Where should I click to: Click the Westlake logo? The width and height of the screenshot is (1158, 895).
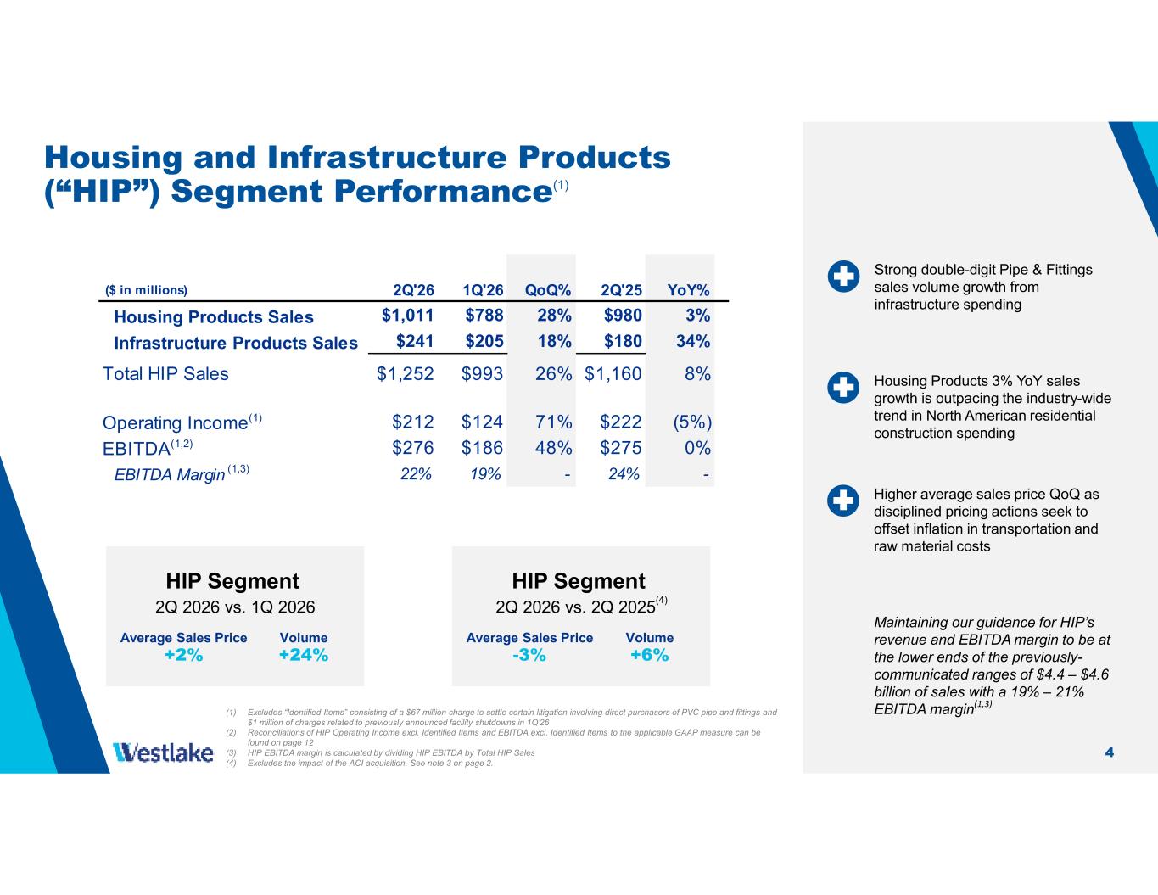click(x=163, y=752)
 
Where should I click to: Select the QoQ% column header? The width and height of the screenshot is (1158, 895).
click(x=548, y=290)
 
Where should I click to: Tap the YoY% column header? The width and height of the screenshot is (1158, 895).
click(x=689, y=290)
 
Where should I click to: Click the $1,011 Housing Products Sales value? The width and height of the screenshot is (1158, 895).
click(x=408, y=316)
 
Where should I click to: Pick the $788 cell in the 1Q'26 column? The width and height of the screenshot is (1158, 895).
click(x=484, y=316)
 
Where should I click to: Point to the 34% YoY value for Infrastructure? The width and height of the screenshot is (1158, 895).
click(x=693, y=341)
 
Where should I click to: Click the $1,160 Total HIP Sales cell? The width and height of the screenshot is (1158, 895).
click(x=613, y=374)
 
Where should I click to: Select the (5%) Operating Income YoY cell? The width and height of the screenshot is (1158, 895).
click(x=692, y=422)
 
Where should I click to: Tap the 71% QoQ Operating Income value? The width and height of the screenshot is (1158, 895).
click(x=554, y=422)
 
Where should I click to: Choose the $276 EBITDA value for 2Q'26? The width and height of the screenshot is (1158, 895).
click(x=413, y=448)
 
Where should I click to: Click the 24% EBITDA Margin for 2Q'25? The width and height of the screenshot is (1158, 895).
click(x=624, y=474)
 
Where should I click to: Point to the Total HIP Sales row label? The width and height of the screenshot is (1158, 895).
click(x=165, y=374)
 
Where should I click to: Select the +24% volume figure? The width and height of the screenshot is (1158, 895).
click(x=304, y=655)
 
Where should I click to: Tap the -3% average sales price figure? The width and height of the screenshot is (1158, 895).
click(x=529, y=655)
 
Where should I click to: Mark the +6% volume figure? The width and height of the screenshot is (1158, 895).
click(x=649, y=655)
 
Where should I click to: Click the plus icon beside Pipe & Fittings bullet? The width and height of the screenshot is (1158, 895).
click(x=843, y=277)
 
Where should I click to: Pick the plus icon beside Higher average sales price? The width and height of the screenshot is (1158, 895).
click(x=843, y=501)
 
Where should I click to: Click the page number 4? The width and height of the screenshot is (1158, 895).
click(x=1110, y=752)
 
